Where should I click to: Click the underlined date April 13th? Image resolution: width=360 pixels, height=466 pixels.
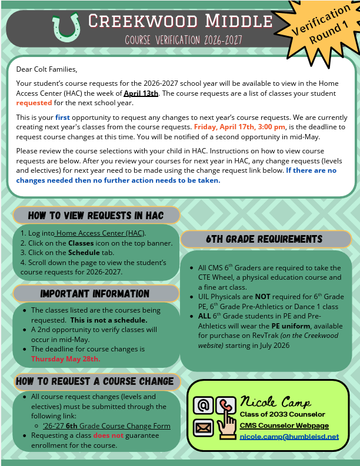(141, 93)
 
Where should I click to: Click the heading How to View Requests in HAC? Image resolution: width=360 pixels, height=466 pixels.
(95, 215)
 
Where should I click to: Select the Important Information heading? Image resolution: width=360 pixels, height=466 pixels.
(95, 293)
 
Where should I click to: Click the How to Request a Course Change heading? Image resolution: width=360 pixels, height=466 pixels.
(95, 381)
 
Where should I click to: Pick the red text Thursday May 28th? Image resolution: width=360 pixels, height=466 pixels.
(66, 358)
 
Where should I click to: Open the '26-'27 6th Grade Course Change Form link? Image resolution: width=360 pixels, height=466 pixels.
(106, 426)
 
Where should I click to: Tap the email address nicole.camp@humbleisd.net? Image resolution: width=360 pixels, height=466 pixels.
(289, 437)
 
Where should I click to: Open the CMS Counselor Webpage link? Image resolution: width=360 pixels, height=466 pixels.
(284, 425)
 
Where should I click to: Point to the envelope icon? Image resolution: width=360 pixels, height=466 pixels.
(202, 427)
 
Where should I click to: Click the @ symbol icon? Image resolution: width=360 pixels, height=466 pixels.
(204, 405)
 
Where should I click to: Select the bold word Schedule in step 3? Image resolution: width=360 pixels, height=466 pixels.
(84, 253)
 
